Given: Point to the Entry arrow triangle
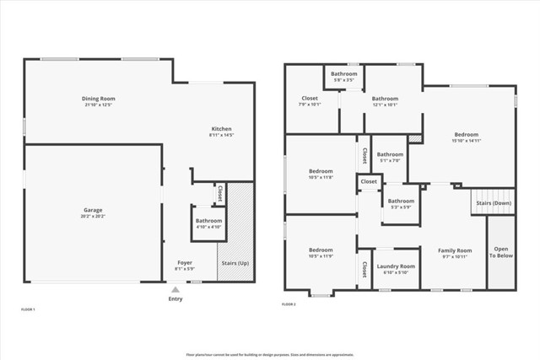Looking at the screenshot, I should click(175, 289).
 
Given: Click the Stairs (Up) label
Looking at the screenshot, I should click(235, 263).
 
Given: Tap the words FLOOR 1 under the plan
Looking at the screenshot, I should click(28, 309).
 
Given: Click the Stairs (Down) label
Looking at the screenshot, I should click(492, 203).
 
